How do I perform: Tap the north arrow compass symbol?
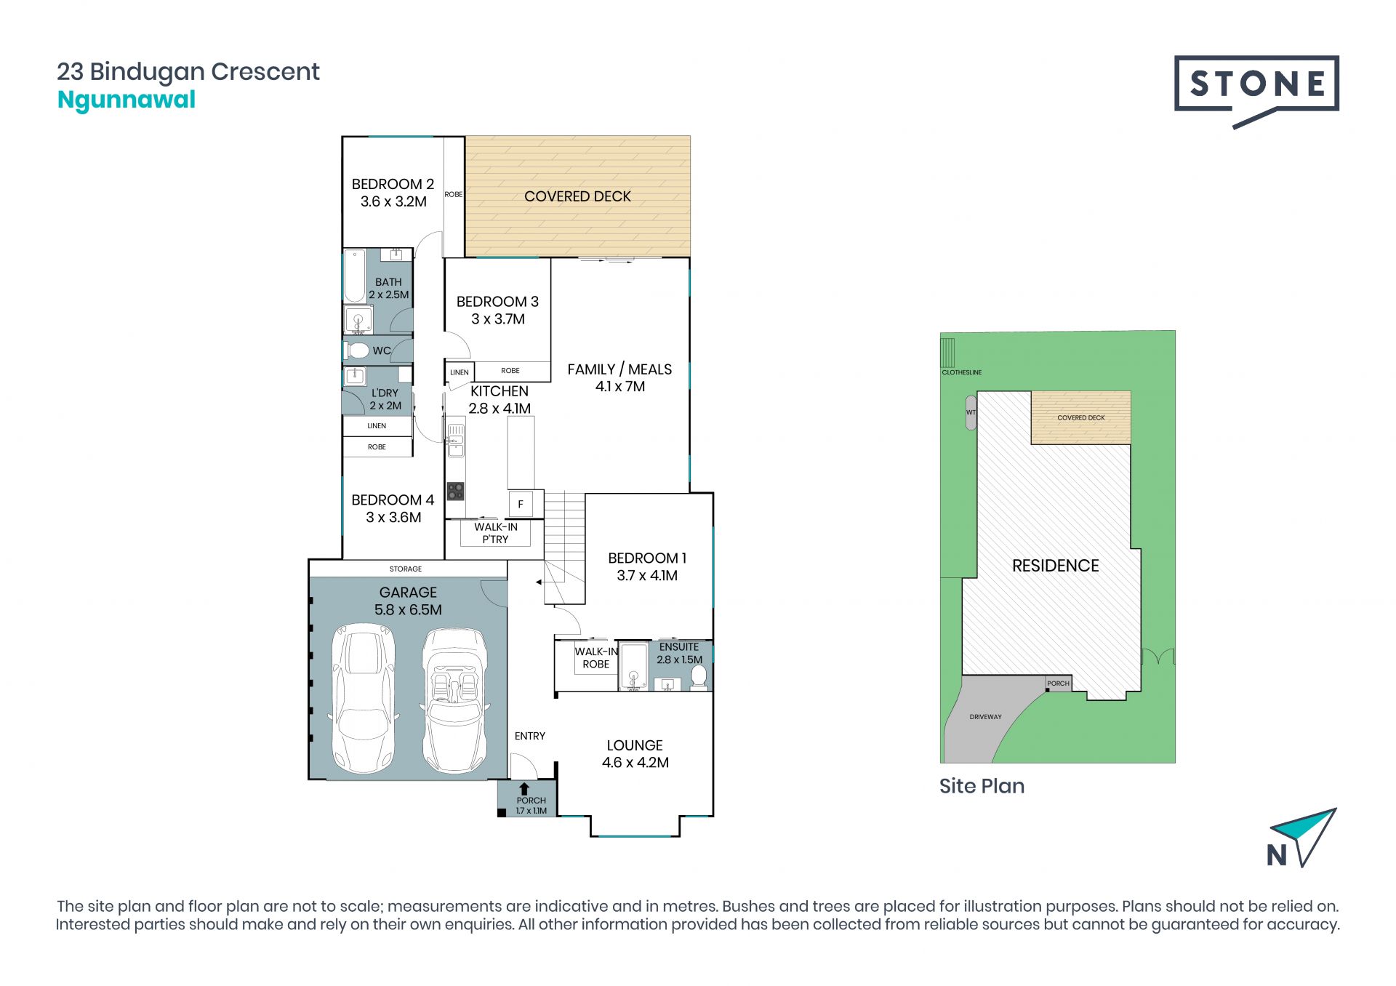pos(1302,838)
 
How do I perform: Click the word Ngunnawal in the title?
pos(127,100)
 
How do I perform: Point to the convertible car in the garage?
pos(454,702)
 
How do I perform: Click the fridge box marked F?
pos(521,504)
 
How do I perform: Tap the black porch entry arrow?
pos(523,789)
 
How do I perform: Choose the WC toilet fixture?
pos(357,350)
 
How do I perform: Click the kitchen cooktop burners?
pos(456,491)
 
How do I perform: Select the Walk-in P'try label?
pos(496,533)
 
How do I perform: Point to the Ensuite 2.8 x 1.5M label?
pos(679,653)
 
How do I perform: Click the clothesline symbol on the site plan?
pos(947,353)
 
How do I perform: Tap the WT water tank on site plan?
pos(971,412)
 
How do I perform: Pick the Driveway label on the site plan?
pos(985,717)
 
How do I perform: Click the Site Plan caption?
pos(982,786)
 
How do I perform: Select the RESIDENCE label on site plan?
pos(1055,566)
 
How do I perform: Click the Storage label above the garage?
pos(406,569)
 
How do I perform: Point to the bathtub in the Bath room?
pos(355,276)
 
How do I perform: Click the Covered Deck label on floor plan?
pos(577,196)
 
